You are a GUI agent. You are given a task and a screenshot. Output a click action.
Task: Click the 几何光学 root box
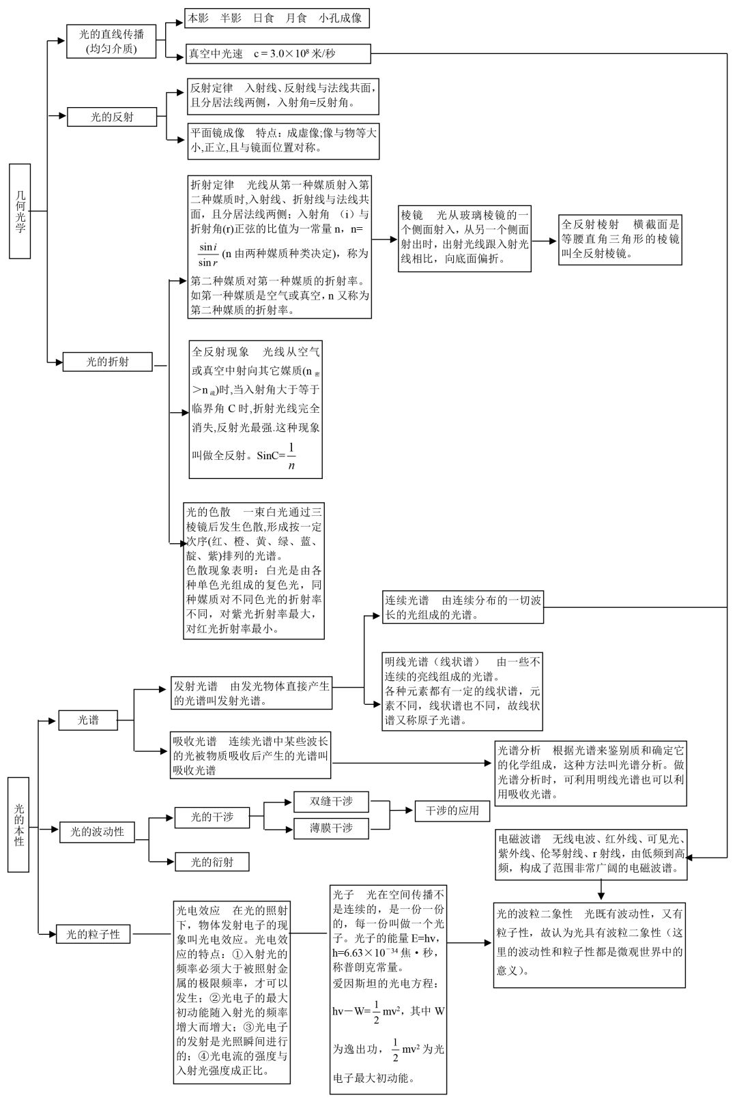(x=20, y=211)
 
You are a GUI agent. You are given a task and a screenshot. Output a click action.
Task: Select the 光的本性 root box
(x=18, y=824)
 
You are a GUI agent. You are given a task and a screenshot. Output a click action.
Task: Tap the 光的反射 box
(x=112, y=117)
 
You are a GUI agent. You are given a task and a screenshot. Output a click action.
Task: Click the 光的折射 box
(x=107, y=362)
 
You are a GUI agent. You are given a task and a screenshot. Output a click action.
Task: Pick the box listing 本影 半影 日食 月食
(x=276, y=18)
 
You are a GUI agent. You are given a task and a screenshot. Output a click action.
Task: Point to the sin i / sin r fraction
(x=207, y=255)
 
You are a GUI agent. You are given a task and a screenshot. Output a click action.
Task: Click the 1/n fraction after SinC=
(x=291, y=456)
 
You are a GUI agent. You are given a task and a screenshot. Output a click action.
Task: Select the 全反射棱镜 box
(x=620, y=239)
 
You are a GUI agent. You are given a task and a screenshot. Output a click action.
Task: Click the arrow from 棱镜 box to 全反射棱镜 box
(x=545, y=240)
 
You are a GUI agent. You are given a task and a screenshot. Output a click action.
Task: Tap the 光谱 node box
(x=88, y=719)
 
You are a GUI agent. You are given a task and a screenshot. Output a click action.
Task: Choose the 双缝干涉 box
(x=331, y=801)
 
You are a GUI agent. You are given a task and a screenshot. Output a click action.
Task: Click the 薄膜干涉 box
(x=331, y=828)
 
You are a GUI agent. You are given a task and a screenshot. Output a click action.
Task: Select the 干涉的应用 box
(x=452, y=811)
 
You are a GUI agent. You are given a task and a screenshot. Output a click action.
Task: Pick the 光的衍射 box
(x=212, y=862)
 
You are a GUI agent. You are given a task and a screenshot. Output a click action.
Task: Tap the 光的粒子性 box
(x=93, y=934)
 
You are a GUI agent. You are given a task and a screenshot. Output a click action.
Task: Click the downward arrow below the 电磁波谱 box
(x=601, y=890)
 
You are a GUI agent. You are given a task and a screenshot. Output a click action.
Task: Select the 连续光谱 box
(x=463, y=607)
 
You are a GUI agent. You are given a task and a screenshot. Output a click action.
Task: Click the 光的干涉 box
(x=212, y=817)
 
